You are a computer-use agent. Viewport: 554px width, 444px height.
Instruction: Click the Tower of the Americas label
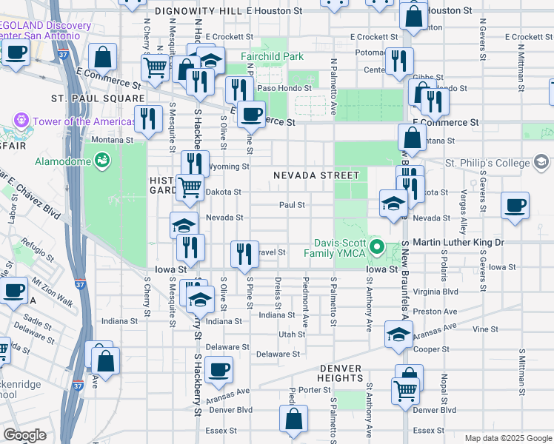[74, 121]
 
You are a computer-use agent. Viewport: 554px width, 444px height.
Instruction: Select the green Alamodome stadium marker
[103, 158]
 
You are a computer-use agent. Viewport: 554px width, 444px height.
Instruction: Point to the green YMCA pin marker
[376, 247]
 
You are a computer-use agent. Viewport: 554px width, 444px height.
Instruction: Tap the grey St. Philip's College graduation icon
[541, 162]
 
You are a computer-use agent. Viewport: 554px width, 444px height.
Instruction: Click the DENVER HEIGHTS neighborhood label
[351, 373]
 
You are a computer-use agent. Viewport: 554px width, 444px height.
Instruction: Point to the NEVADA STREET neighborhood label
[316, 175]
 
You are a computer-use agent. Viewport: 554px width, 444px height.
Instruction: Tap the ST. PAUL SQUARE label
[98, 98]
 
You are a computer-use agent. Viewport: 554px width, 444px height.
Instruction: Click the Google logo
[24, 435]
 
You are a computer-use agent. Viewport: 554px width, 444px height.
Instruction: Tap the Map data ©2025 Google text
[507, 437]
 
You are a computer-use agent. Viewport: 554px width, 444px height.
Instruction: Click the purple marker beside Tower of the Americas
[20, 120]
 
